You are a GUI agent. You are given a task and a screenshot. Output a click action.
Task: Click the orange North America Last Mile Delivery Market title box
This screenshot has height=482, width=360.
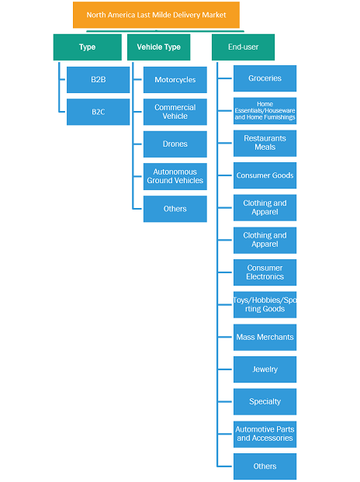pyautogui.click(x=156, y=15)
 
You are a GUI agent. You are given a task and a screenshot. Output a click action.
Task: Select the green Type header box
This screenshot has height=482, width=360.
pyautogui.click(x=87, y=47)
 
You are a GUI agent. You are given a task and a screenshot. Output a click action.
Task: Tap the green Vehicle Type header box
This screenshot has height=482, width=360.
pyautogui.click(x=158, y=47)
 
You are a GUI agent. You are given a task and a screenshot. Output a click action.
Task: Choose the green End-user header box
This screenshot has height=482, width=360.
pyautogui.click(x=243, y=47)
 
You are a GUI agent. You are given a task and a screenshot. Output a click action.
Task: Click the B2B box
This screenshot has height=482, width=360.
pyautogui.click(x=98, y=80)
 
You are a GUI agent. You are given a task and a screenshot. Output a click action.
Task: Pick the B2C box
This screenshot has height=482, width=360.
pyautogui.click(x=98, y=112)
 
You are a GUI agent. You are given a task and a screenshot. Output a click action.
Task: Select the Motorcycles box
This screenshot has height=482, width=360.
pyautogui.click(x=175, y=80)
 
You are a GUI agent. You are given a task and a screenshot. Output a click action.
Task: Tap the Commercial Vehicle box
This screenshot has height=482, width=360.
pyautogui.click(x=175, y=112)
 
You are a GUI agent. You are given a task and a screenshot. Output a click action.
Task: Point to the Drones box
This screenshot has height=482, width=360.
pyautogui.click(x=175, y=144)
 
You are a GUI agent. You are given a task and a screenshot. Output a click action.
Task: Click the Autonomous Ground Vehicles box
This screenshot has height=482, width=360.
pyautogui.click(x=175, y=176)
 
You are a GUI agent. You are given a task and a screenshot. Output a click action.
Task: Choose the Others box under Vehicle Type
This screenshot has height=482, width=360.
pyautogui.click(x=175, y=209)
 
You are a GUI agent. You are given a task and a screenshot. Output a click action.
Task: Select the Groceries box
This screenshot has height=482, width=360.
pyautogui.click(x=265, y=78)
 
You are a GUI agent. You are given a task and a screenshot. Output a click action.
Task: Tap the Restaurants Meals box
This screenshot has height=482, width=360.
pyautogui.click(x=265, y=144)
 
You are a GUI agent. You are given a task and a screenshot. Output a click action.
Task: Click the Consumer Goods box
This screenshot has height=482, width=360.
pyautogui.click(x=265, y=175)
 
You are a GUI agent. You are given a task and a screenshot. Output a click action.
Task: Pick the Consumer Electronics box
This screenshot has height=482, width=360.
pyautogui.click(x=265, y=272)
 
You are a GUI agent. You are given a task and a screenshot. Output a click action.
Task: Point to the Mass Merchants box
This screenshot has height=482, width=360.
pyautogui.click(x=265, y=337)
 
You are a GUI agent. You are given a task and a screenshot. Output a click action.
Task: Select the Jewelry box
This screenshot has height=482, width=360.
pyautogui.click(x=265, y=369)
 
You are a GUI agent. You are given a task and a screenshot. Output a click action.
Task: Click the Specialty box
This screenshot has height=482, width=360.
pyautogui.click(x=265, y=402)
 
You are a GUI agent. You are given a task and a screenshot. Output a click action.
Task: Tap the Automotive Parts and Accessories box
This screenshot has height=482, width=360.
pyautogui.click(x=265, y=434)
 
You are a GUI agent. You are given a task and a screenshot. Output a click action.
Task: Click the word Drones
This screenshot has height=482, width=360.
pyautogui.click(x=175, y=144)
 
